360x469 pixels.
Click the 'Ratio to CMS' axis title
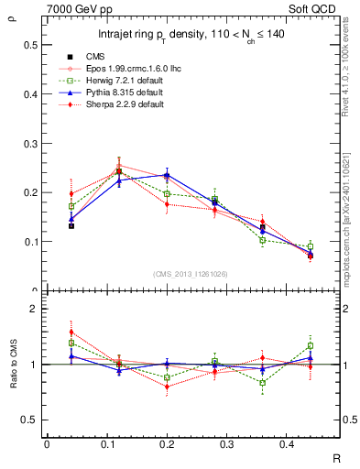[12, 365]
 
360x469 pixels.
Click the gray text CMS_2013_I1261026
[191, 274]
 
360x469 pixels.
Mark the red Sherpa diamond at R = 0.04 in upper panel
[71, 193]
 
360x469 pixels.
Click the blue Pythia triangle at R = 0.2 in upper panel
[167, 174]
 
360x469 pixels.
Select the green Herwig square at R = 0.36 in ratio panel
[263, 383]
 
